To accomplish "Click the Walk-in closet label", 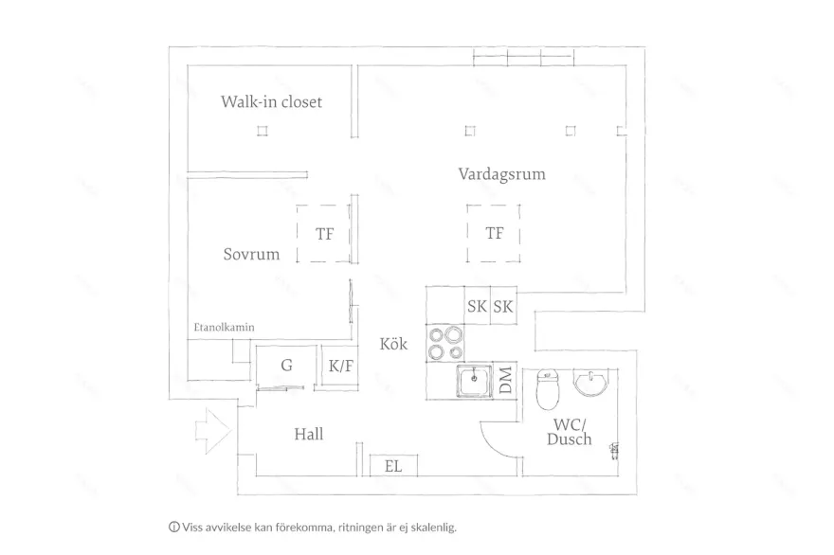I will point(271,101).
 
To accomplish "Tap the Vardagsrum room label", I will point(501,174).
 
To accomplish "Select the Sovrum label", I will point(251,254).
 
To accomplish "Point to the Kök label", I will point(393,344).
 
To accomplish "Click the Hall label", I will point(308,434).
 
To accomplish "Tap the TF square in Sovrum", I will point(324,233).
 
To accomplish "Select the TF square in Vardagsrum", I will point(494,233).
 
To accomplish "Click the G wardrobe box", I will point(285,366).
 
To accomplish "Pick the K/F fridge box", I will point(340,366).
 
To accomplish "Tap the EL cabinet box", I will point(393,465).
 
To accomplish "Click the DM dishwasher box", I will point(505,381).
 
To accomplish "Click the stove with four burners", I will point(445,343).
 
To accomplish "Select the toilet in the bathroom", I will point(548,386).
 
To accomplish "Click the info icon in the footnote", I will point(174,527).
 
